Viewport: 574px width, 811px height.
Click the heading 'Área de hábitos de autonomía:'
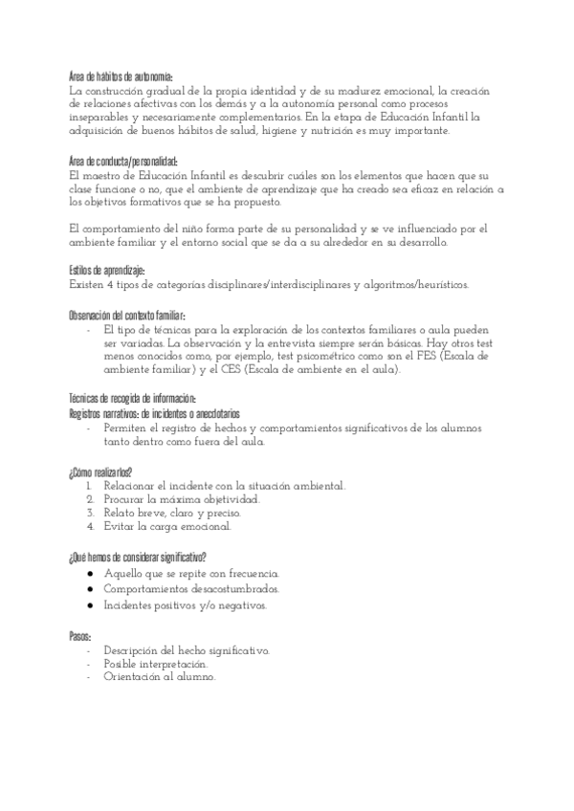point(121,77)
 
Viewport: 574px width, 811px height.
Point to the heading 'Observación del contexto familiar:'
point(127,316)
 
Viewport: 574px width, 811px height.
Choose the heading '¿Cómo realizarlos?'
point(100,472)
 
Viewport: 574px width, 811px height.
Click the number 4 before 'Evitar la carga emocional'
point(90,526)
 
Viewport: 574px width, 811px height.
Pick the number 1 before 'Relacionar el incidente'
point(90,486)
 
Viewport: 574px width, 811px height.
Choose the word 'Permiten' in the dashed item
point(126,428)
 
